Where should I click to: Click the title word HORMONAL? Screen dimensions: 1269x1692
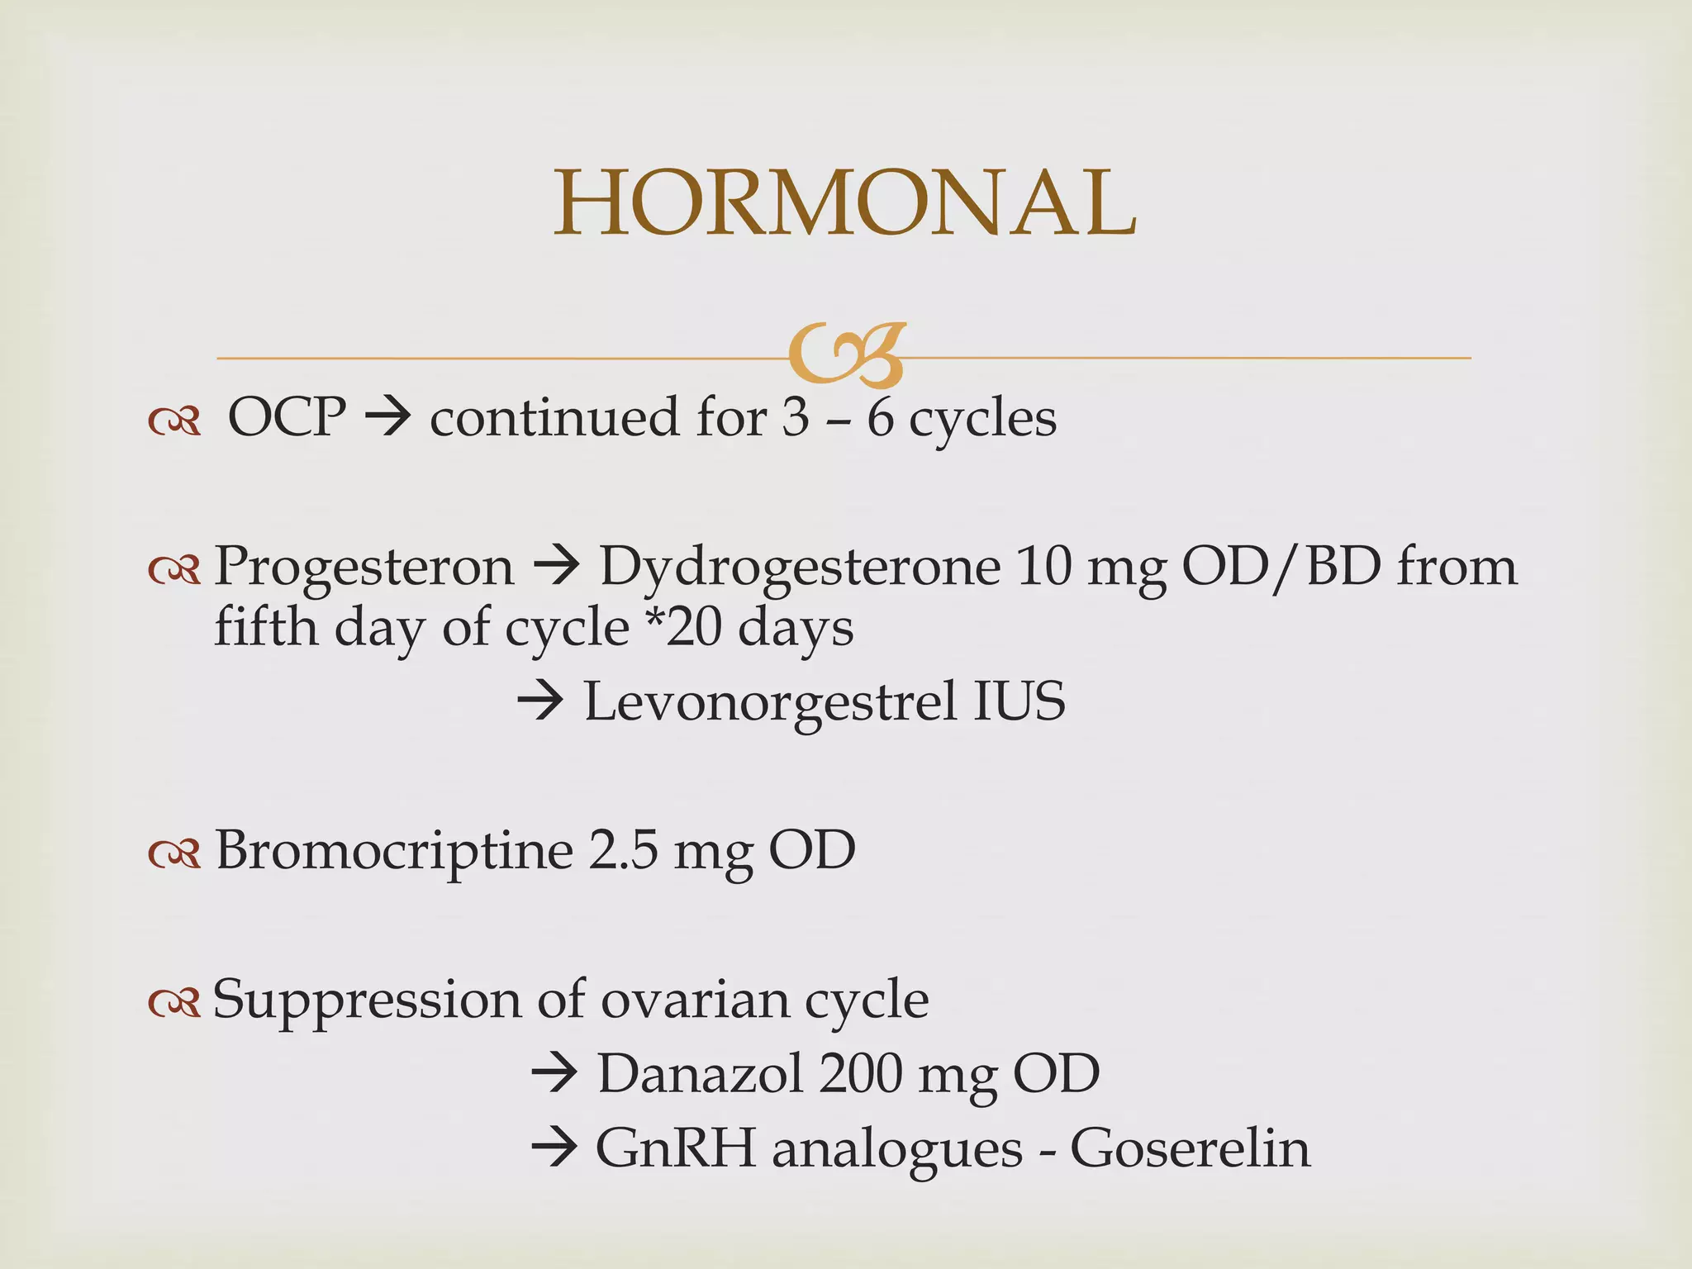844,203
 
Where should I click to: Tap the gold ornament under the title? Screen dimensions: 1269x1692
846,356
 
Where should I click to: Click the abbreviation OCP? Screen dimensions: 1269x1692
286,417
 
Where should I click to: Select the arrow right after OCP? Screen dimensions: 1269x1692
387,417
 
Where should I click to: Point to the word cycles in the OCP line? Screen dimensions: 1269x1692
982,420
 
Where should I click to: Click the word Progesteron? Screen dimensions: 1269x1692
364,568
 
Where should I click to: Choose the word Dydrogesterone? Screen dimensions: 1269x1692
799,568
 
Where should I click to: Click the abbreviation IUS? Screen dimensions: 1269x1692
1019,702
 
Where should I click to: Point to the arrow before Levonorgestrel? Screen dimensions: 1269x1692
540,703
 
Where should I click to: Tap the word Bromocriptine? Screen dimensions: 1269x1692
394,850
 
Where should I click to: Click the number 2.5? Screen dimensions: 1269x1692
623,851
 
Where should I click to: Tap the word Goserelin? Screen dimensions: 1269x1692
1190,1148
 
